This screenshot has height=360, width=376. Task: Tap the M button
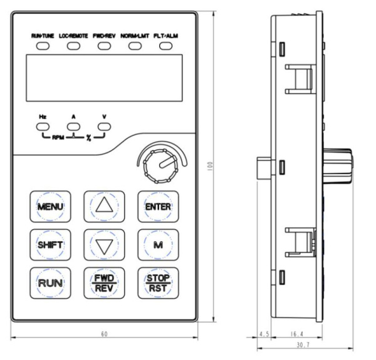click(x=154, y=242)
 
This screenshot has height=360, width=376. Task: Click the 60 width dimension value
click(x=105, y=335)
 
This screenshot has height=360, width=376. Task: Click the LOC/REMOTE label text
click(x=75, y=36)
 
